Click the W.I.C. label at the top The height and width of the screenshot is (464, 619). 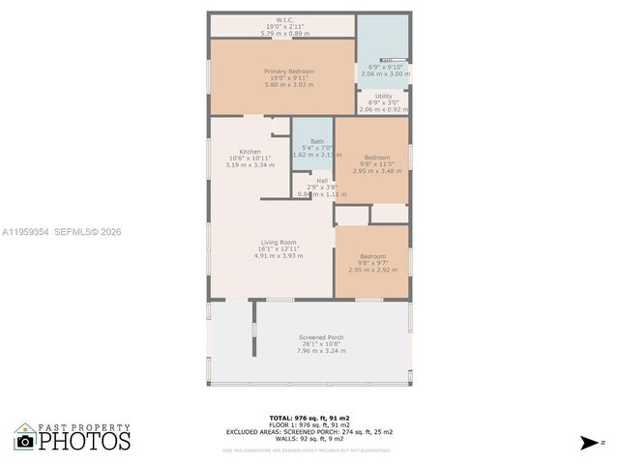pyautogui.click(x=283, y=20)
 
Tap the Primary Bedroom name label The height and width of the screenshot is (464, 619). pyautogui.click(x=283, y=71)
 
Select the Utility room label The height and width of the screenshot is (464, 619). pyautogui.click(x=383, y=97)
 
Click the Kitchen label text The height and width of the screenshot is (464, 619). pyautogui.click(x=222, y=151)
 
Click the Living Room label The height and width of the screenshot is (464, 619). pyautogui.click(x=278, y=242)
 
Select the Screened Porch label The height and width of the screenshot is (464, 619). pyautogui.click(x=320, y=337)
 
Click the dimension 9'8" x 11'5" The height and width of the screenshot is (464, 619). pyautogui.click(x=377, y=164)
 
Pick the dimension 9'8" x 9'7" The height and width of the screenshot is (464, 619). pyautogui.click(x=372, y=263)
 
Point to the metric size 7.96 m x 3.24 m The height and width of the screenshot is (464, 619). pyautogui.click(x=320, y=351)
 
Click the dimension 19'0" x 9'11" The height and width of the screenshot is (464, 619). pyautogui.click(x=283, y=78)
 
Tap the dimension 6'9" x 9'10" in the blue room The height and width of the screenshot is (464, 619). pyautogui.click(x=385, y=67)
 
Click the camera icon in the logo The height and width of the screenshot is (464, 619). pyautogui.click(x=25, y=442)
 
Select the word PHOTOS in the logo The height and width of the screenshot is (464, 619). pyautogui.click(x=84, y=442)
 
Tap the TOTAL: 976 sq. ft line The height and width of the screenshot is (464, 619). pyautogui.click(x=309, y=418)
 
